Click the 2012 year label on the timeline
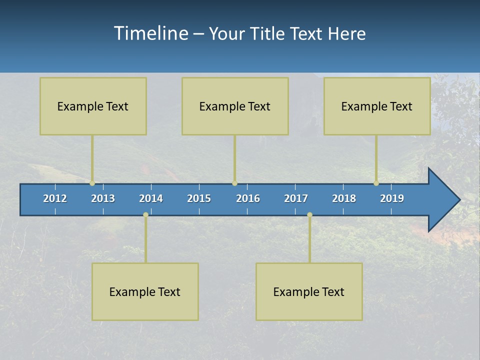tap(55, 198)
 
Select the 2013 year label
tap(103, 198)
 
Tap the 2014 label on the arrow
tap(151, 198)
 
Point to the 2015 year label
tap(199, 198)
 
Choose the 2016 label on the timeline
tap(248, 198)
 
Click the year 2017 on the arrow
tap(296, 198)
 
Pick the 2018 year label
tap(344, 198)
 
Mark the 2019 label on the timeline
tap(392, 198)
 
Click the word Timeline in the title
tap(150, 33)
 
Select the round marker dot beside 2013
tap(92, 183)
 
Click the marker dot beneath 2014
tap(145, 214)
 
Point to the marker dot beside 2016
tap(234, 183)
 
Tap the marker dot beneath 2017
tap(309, 214)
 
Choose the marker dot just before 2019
tap(376, 183)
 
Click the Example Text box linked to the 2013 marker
tap(93, 106)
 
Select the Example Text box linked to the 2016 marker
tap(235, 106)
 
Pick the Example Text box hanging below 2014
tap(145, 291)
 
